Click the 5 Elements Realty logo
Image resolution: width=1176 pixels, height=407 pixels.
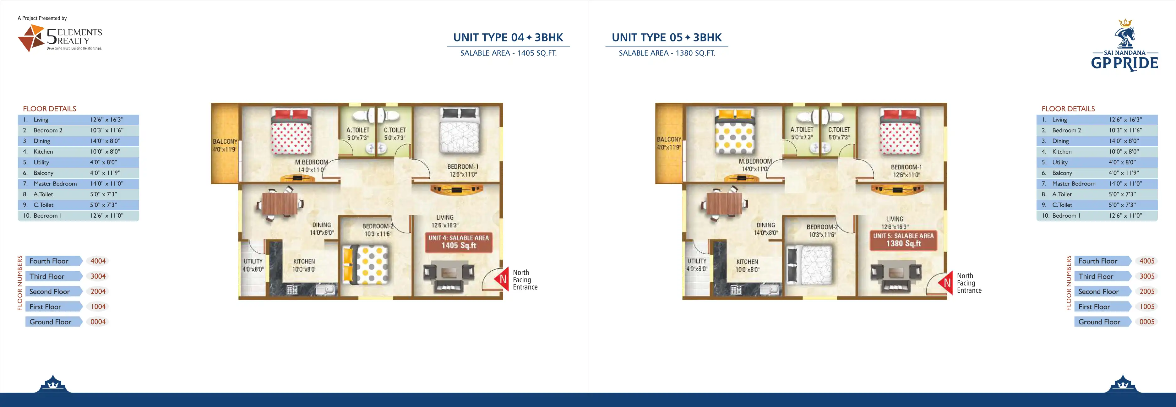click(x=60, y=38)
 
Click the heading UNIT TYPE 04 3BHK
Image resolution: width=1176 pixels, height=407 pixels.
click(x=508, y=37)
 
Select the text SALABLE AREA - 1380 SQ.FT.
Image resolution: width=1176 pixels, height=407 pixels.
click(x=667, y=53)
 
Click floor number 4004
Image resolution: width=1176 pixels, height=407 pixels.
click(x=98, y=261)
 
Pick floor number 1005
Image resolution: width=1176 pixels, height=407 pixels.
click(x=1147, y=307)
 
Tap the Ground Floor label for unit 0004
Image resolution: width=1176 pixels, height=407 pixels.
click(x=50, y=322)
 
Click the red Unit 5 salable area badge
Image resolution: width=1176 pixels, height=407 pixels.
click(x=903, y=240)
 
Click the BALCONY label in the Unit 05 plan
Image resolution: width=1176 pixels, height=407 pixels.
click(x=669, y=139)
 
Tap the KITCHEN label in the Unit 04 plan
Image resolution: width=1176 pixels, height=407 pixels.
click(x=304, y=262)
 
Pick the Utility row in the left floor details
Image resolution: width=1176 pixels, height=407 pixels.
click(x=78, y=162)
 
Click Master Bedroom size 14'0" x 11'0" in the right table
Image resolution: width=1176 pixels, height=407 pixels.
click(x=1125, y=183)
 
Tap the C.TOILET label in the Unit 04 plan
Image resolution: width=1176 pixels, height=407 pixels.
click(x=395, y=130)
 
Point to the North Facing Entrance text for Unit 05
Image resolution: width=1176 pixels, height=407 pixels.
click(x=969, y=283)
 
